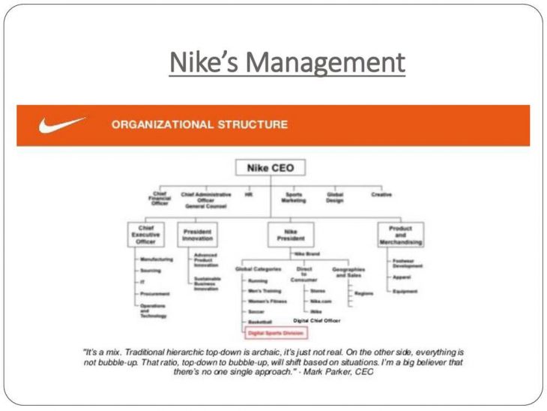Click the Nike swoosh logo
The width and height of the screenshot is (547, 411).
click(x=61, y=124)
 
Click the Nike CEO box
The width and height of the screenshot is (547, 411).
click(x=260, y=168)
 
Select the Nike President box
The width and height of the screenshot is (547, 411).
click(x=285, y=234)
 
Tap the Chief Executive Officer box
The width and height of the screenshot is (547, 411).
click(x=145, y=235)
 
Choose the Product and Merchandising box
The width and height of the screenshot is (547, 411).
click(x=401, y=235)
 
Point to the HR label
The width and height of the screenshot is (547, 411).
click(x=249, y=194)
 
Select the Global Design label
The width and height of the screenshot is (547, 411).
click(x=335, y=197)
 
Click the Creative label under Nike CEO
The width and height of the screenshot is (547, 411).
click(x=381, y=194)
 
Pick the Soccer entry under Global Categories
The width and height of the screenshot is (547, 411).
click(x=258, y=310)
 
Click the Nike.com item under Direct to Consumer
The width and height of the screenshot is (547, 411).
click(x=321, y=300)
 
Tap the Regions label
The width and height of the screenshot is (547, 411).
click(x=364, y=293)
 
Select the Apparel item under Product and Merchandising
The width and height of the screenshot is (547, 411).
click(x=402, y=277)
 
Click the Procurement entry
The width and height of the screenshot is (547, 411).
click(x=155, y=294)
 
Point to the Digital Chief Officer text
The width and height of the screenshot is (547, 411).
click(x=316, y=320)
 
